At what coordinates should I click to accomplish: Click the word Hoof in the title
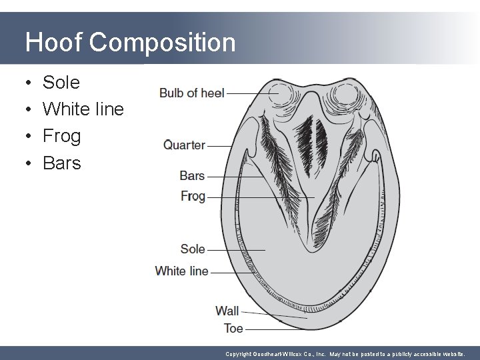(53, 43)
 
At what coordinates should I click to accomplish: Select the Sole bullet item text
(61, 83)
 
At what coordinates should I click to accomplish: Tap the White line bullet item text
(83, 109)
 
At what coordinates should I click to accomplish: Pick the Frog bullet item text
(61, 136)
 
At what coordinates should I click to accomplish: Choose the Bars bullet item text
(61, 163)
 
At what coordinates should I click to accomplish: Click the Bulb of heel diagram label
(191, 93)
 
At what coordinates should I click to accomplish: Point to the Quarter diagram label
(184, 145)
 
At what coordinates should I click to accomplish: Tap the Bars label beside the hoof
(192, 176)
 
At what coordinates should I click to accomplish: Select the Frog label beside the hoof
(193, 196)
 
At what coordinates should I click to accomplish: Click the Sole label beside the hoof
(193, 249)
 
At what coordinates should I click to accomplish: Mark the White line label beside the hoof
(181, 271)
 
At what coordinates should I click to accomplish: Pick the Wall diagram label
(227, 310)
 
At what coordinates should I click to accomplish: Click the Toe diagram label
(233, 328)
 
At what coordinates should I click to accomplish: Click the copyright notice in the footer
(345, 354)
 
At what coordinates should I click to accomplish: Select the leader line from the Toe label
(277, 329)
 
